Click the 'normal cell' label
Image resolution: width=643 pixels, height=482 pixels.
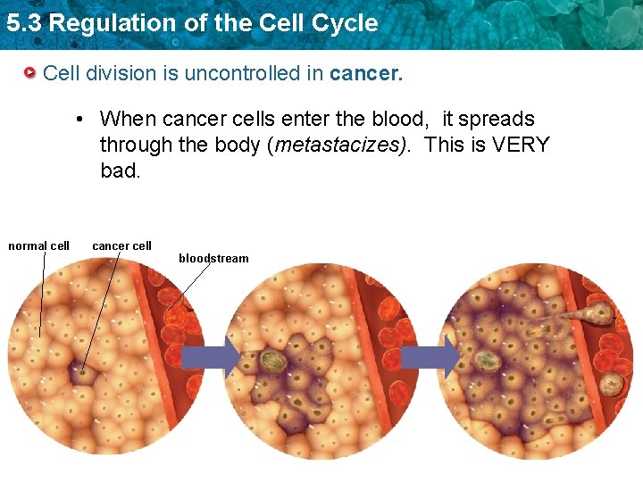[38, 245]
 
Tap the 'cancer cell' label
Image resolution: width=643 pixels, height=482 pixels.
[121, 245]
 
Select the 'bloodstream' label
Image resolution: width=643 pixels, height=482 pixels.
[213, 258]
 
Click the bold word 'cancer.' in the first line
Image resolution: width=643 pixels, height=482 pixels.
[366, 73]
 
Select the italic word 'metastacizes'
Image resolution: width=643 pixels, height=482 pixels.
[339, 145]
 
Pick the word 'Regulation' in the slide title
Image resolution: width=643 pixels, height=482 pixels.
[102, 23]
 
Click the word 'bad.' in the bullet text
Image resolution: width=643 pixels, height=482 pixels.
[121, 170]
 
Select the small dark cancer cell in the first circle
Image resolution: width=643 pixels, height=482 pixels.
[83, 374]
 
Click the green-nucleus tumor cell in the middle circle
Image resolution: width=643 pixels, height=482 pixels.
[273, 361]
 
